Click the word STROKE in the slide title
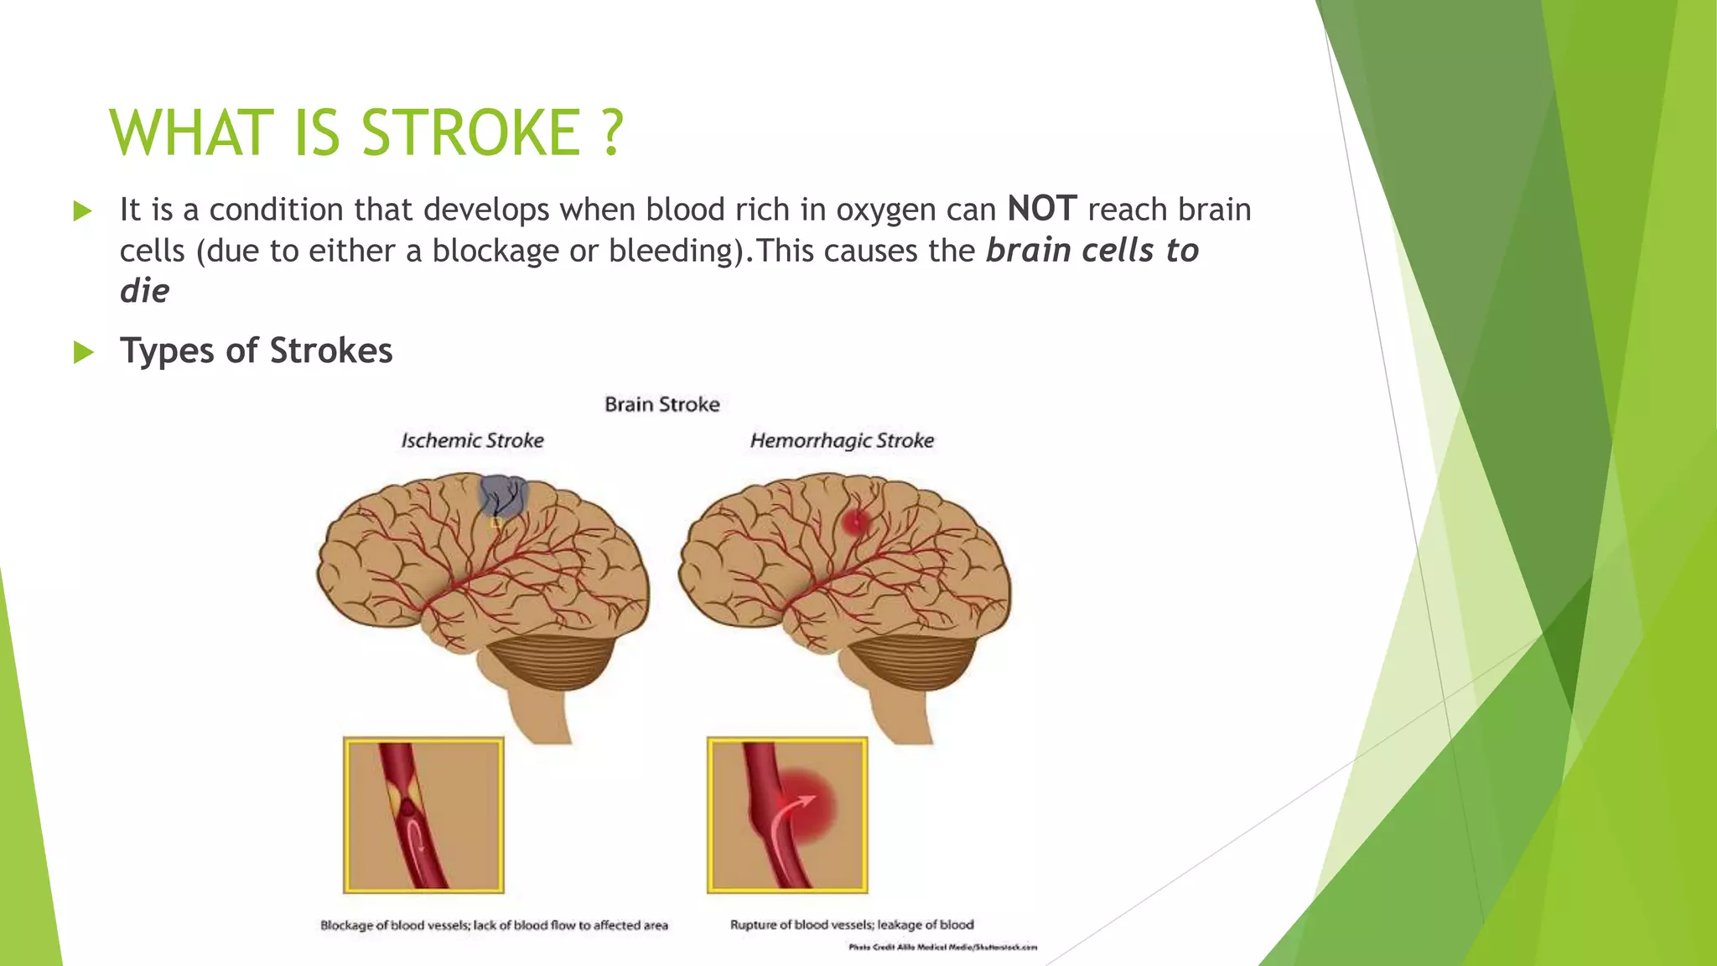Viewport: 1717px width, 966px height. coord(470,132)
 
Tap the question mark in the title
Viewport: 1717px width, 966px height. coord(613,132)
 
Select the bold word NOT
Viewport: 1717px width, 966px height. coord(1041,209)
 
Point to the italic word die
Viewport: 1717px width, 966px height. coord(144,291)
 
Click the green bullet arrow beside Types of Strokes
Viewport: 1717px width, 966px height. coord(82,351)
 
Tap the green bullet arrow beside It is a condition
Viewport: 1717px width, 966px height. coord(82,210)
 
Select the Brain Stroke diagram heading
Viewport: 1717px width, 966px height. coord(661,404)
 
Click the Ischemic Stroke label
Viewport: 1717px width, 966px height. coord(472,440)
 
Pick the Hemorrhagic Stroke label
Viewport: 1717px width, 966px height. coord(841,440)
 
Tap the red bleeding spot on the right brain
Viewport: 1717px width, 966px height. coord(855,523)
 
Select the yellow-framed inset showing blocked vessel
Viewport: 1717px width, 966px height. coord(423,815)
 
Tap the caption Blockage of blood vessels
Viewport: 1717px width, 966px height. coord(494,926)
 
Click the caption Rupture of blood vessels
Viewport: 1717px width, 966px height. coord(851,925)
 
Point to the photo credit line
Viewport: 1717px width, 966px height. coord(942,948)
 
